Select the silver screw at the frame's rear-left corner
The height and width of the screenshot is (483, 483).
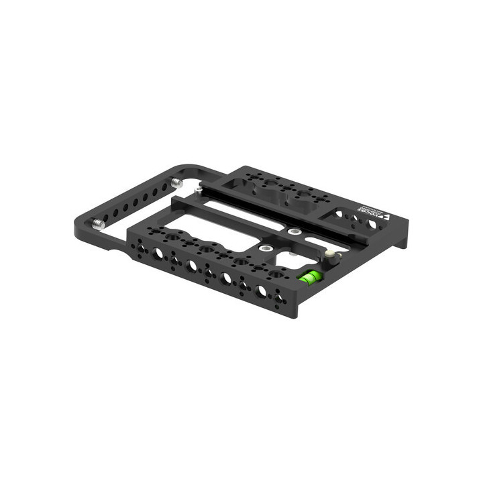click(x=177, y=182)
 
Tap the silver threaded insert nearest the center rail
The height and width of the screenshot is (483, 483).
click(x=294, y=231)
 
